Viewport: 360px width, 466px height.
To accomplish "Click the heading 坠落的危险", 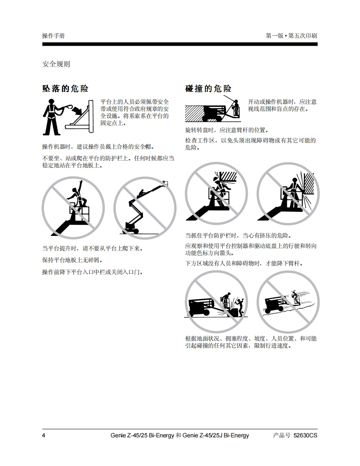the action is (65, 88).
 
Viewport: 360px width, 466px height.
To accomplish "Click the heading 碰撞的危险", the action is (208, 88).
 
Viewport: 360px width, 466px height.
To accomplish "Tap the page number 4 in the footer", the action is (44, 435).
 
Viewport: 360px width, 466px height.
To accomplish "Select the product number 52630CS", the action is (305, 435).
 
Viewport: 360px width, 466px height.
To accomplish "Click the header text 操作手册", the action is (53, 36).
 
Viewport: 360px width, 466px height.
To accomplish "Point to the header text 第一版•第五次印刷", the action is (291, 36).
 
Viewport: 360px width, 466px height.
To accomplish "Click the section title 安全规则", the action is (56, 64).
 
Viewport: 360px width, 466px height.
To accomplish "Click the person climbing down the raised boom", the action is (142, 193).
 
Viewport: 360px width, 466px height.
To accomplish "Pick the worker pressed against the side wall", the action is (293, 190).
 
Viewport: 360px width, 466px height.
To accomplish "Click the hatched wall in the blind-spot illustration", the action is (194, 113).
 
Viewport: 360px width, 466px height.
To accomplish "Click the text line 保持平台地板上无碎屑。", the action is (72, 260).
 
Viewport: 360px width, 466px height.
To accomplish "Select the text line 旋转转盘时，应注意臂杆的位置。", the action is (227, 130).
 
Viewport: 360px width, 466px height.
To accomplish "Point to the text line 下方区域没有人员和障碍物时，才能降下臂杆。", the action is (244, 263).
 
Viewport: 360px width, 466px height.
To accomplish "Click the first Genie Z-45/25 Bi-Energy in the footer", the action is (142, 435).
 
